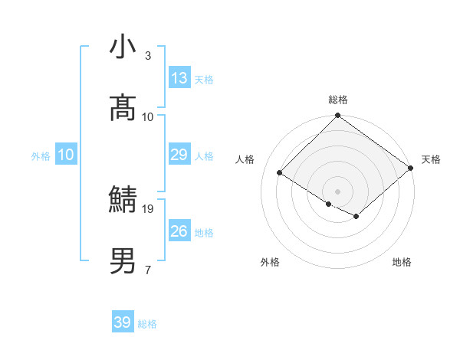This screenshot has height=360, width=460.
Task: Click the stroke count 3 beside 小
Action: point(148,56)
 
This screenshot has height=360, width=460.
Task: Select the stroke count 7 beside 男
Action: point(148,270)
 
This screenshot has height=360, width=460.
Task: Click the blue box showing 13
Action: point(179,78)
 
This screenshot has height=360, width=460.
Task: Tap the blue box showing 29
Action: point(179,155)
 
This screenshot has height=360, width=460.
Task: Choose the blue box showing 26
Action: point(179,231)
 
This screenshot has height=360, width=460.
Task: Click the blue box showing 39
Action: point(123,322)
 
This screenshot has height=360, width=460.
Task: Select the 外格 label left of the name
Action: point(41,156)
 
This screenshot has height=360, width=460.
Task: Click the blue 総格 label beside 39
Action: point(147,324)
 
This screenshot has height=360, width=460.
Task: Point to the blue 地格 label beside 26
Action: point(205,233)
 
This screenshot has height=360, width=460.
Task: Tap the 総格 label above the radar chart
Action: point(338,100)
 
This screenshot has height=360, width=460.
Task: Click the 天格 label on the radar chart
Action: point(431,159)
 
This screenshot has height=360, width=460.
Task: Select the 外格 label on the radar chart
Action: point(270,262)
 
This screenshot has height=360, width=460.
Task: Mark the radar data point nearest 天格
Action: point(412,168)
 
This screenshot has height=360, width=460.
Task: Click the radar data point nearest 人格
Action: point(281,172)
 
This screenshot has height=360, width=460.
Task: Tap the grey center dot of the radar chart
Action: point(337,191)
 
